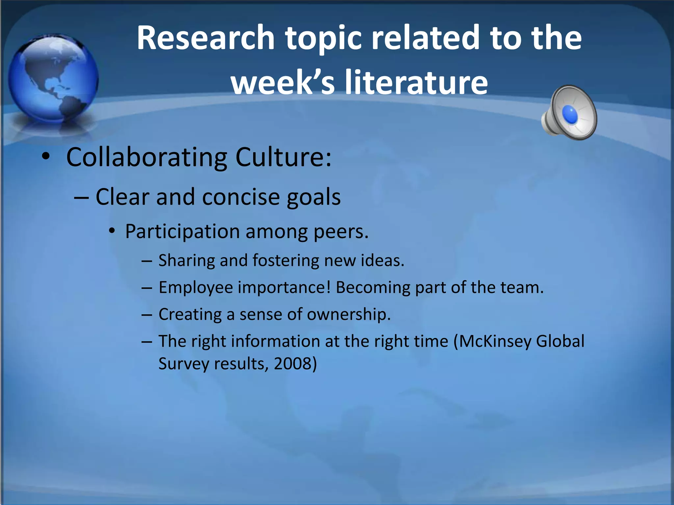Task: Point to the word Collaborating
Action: click(x=146, y=157)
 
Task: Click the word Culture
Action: click(x=283, y=157)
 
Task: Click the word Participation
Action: click(x=182, y=231)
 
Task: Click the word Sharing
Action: click(x=186, y=260)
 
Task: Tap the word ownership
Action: click(x=349, y=314)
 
